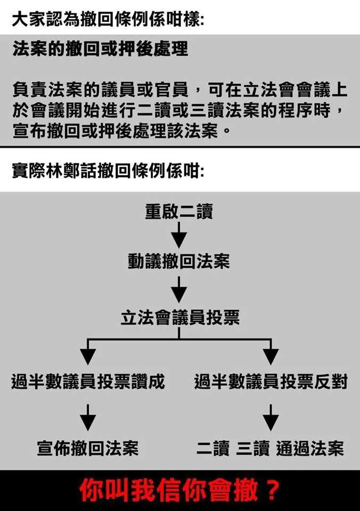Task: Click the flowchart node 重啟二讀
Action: pos(179,212)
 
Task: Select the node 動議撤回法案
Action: pos(179,261)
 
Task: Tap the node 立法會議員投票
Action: pos(179,318)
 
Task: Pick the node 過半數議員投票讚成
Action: pos(88,382)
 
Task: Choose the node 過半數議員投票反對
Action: pos(271,382)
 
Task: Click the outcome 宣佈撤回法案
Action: pos(88,448)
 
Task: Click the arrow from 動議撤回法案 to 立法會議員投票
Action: pos(179,290)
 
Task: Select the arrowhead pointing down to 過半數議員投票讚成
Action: pos(87,356)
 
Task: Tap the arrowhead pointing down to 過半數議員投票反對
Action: pos(271,356)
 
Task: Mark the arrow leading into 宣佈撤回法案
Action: pos(87,417)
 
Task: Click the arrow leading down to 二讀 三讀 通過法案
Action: pos(271,417)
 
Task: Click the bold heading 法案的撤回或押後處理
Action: pos(100,50)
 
